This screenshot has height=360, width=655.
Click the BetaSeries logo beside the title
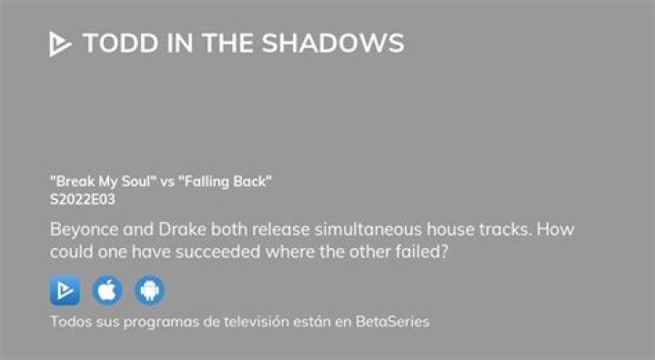click(x=60, y=44)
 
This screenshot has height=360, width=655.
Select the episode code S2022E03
click(x=82, y=199)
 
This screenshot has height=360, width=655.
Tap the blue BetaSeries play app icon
click(x=65, y=291)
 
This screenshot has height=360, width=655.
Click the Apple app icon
click(x=106, y=291)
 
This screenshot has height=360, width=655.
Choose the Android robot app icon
click(x=149, y=291)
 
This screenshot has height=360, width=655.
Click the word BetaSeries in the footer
click(x=394, y=321)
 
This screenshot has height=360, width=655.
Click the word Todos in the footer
click(x=69, y=321)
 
